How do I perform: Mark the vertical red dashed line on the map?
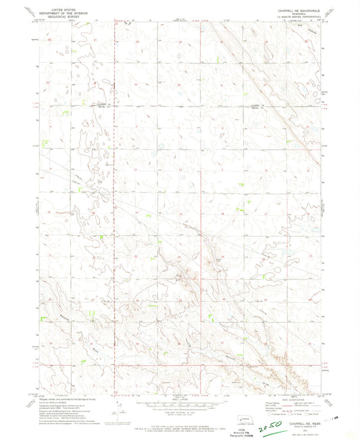click(x=113, y=202)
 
